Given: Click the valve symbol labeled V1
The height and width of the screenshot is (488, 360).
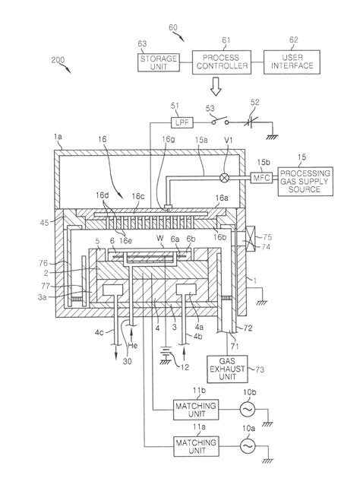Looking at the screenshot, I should click(224, 178).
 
